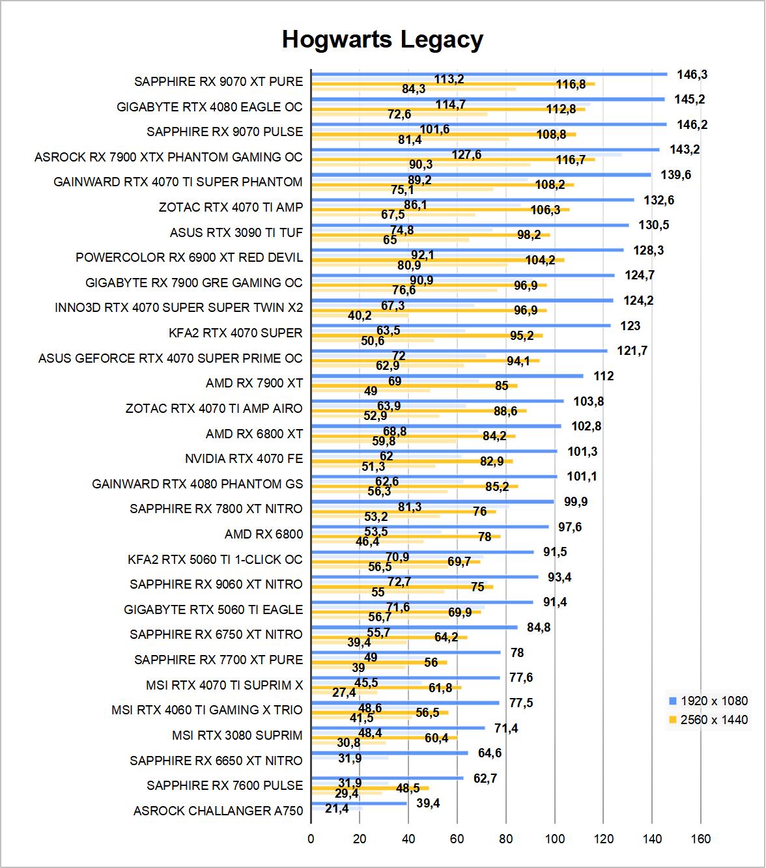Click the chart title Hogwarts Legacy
[x=382, y=40]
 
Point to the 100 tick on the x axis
[x=555, y=839]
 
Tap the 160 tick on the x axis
[x=701, y=839]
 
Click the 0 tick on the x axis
[x=311, y=839]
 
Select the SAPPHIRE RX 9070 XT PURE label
[x=218, y=82]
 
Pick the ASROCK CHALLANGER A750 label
[x=218, y=811]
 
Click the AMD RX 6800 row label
[x=264, y=535]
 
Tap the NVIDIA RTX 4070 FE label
[x=244, y=459]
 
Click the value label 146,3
[x=692, y=75]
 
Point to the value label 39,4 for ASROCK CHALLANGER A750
[x=428, y=804]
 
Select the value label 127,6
[x=466, y=155]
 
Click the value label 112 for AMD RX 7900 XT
[x=603, y=376]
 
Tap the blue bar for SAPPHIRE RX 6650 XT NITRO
[x=390, y=753]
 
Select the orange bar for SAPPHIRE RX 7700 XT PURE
[x=379, y=662]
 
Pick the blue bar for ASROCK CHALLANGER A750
[x=359, y=803]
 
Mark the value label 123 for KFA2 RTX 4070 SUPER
[x=630, y=326]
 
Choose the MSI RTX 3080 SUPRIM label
[x=237, y=736]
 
